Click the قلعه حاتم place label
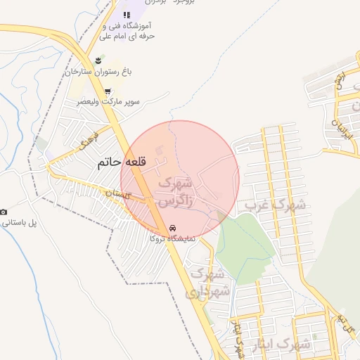click(123, 162)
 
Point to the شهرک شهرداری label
click(209, 281)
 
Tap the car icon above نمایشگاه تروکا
click(172, 229)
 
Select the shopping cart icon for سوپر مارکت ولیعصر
click(107, 91)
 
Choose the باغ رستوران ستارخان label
click(99, 71)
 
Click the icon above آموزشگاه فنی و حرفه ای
click(127, 15)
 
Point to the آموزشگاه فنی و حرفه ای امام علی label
click(127, 30)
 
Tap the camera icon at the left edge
click(4, 212)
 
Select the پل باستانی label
click(18, 222)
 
